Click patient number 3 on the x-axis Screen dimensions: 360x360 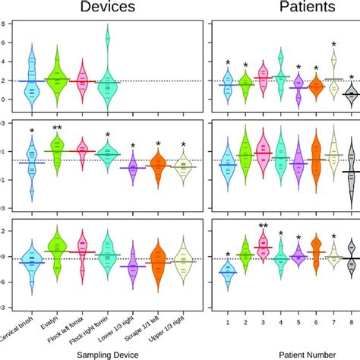264,324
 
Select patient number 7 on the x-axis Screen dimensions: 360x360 333,324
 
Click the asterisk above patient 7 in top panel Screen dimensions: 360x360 333,46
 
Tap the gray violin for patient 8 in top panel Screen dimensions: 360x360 350,93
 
